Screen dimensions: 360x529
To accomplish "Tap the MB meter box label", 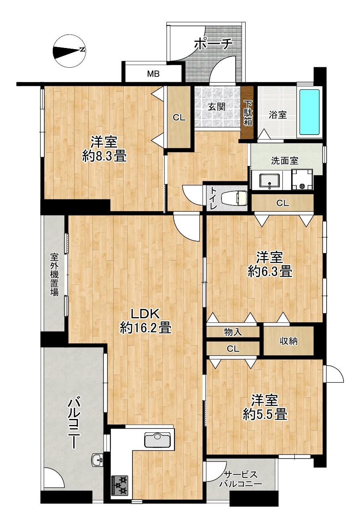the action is [153, 74].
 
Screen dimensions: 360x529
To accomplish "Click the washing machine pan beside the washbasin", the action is [302, 179].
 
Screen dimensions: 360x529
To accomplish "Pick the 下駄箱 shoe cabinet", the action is [247, 113].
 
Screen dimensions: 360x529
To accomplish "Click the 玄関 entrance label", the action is [217, 107].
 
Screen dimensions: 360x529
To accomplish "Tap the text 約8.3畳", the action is [104, 157].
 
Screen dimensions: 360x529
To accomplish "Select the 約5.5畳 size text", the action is [265, 414].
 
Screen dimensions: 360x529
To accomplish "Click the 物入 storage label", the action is [233, 332].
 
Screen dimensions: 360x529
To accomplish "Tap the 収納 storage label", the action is [289, 341].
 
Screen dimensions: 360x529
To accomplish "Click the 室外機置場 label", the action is [54, 275].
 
